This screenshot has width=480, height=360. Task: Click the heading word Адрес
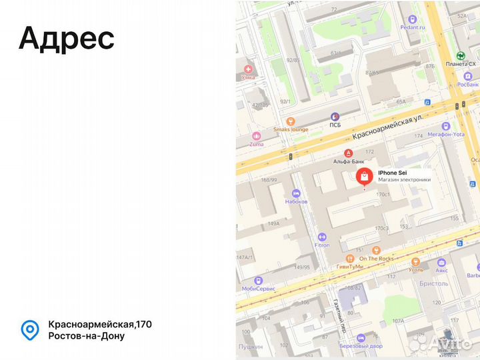67,38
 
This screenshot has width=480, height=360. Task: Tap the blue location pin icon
29,329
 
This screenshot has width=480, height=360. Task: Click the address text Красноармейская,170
100,324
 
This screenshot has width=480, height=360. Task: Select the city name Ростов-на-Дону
86,335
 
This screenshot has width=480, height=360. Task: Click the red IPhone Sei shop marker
364,177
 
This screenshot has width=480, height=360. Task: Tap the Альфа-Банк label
347,161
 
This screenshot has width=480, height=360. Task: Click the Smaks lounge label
291,129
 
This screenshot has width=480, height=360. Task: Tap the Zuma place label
257,144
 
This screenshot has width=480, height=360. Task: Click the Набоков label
297,201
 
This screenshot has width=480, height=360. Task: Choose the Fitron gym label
322,245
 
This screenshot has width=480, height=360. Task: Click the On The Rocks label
377,259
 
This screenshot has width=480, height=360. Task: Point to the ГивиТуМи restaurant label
349,266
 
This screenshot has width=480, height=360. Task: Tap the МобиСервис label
259,288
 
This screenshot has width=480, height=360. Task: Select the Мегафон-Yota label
445,134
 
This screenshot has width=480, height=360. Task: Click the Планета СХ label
461,64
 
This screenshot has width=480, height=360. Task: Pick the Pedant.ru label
413,27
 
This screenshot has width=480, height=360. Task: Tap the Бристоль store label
433,283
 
